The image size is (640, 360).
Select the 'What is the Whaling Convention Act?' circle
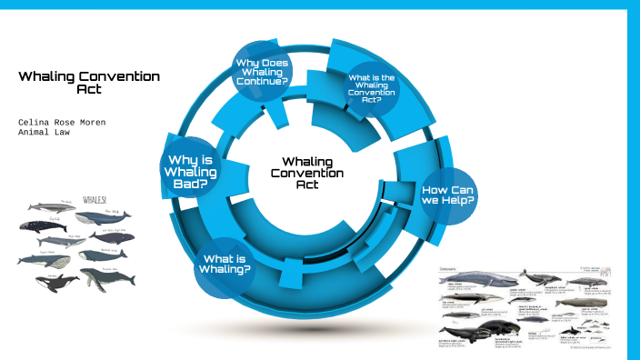(x=371, y=89)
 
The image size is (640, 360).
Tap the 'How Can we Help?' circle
(x=448, y=194)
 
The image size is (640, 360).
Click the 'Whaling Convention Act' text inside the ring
(x=306, y=172)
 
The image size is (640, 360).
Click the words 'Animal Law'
(x=43, y=133)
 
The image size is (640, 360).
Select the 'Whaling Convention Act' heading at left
(x=89, y=83)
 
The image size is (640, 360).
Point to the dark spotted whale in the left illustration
(x=111, y=236)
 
